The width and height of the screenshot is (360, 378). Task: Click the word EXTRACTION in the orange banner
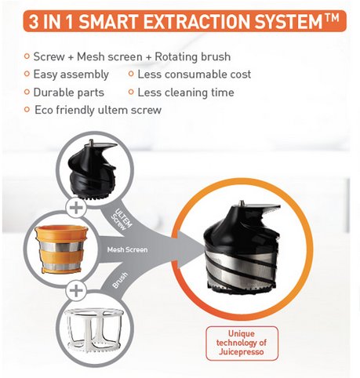tap(197, 21)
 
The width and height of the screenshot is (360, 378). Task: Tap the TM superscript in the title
tap(332, 18)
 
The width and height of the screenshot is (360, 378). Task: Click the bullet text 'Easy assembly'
tap(71, 75)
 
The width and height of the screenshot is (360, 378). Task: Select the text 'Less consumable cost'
tap(195, 75)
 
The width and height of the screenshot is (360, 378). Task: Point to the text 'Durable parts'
tap(69, 93)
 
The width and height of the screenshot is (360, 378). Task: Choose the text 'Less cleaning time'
tap(186, 93)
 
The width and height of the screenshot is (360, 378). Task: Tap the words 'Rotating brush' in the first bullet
tap(193, 56)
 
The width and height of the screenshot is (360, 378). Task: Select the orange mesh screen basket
tap(62, 250)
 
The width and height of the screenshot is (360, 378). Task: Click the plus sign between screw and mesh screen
tap(76, 209)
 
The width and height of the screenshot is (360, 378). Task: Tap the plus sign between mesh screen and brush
tap(76, 290)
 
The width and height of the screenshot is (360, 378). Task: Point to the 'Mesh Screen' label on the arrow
tap(127, 250)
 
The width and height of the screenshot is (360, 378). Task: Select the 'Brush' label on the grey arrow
tap(120, 280)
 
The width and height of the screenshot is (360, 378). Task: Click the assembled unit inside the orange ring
tap(241, 248)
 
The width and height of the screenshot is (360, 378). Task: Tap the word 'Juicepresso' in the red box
tap(241, 351)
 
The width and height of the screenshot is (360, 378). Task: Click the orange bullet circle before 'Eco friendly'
tap(27, 109)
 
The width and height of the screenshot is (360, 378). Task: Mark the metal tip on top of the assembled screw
tap(242, 204)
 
